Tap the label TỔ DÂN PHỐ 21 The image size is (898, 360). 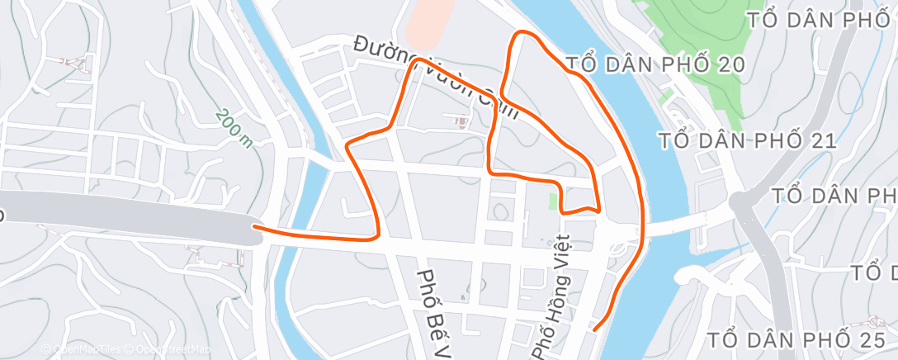point(749,141)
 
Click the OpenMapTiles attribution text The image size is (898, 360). point(82,349)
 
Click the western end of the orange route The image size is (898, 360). point(254,226)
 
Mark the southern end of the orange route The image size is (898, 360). point(594,330)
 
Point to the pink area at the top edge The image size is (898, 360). point(429,21)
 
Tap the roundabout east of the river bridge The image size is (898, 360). point(740,201)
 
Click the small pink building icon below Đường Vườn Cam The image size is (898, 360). point(461,121)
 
